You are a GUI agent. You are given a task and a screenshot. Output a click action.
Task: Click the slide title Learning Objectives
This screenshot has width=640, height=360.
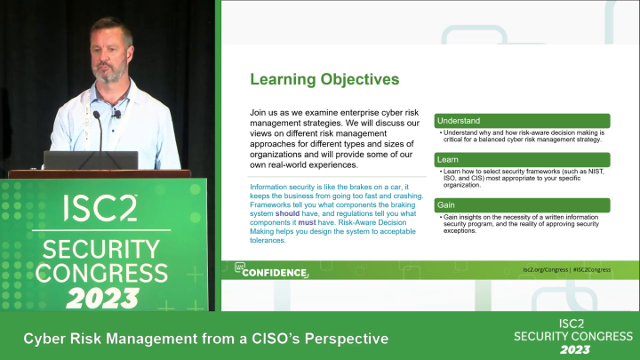(x=324, y=80)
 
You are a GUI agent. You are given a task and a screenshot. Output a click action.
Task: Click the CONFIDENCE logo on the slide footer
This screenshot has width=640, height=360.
(x=270, y=271)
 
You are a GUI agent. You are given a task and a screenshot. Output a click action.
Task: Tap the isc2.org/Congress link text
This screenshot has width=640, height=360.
(x=545, y=268)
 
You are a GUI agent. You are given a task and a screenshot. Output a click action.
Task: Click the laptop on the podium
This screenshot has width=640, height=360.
(x=91, y=160)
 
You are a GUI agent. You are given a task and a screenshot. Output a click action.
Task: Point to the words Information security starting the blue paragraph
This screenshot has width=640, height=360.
(x=281, y=187)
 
